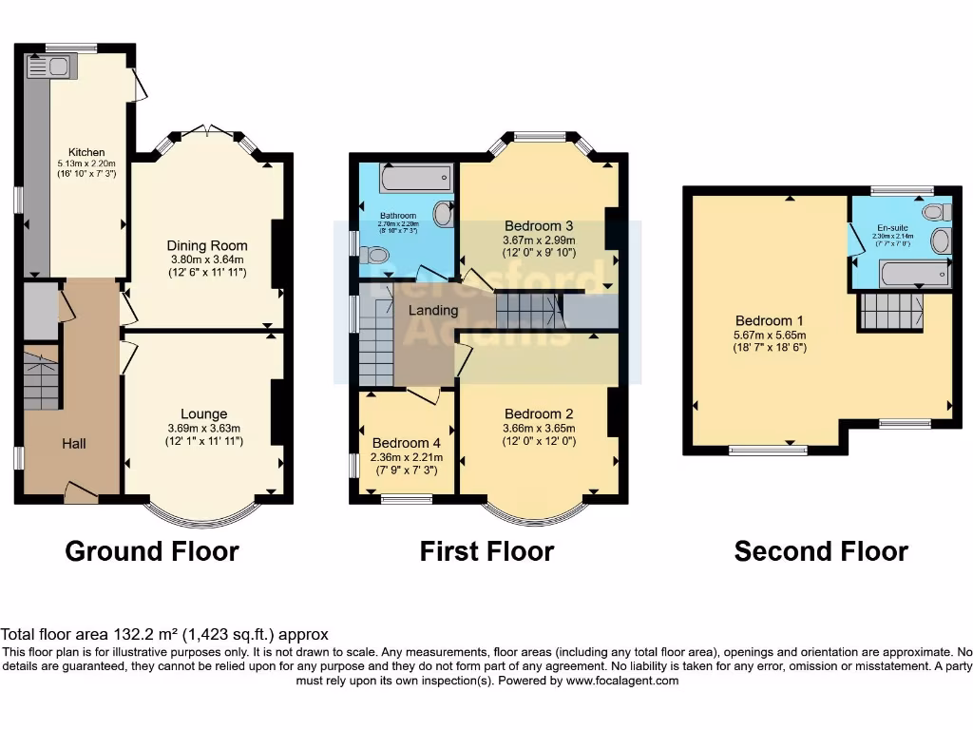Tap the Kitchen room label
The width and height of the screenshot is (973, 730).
coord(86,152)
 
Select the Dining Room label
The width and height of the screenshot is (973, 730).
coord(206,244)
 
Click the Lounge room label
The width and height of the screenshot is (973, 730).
coord(203,413)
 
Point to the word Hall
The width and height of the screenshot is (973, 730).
coord(74,443)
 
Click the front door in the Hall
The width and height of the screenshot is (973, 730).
coord(80,490)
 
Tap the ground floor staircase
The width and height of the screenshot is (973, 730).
coord(41,380)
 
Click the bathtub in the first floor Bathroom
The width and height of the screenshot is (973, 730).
coord(414,178)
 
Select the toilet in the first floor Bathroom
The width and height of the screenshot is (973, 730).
coord(375,255)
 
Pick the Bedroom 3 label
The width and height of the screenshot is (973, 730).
coord(538,225)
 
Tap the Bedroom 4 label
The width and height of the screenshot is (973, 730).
coord(406,443)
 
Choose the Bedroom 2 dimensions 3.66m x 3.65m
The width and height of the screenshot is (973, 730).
coord(539,429)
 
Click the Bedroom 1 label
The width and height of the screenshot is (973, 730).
coord(769,320)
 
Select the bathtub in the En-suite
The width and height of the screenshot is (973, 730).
coord(915,276)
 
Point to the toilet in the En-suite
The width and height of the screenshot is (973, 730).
coord(934,211)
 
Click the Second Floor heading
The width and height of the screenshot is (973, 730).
coord(821,551)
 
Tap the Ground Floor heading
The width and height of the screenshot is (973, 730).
coord(152,550)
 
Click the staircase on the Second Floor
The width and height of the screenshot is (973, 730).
coord(890,311)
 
